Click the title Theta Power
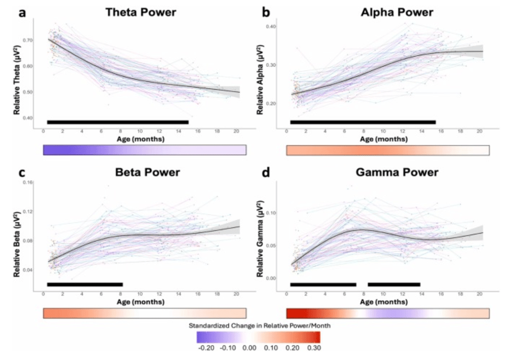coord(141,12)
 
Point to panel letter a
coord(22,12)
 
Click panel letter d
coord(265,173)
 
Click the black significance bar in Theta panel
coord(117,122)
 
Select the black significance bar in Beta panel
coord(85,284)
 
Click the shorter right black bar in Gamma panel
coord(394,284)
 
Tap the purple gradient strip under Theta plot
coord(145,150)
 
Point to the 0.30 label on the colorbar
coord(314,348)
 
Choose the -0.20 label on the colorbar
coord(204,348)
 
